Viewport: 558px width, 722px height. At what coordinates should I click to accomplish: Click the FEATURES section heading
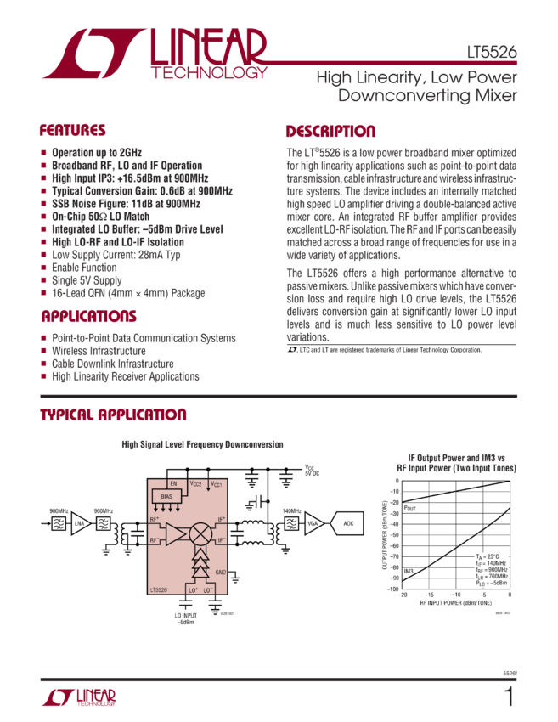[73, 132]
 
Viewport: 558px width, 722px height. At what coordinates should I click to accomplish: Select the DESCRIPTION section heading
[330, 132]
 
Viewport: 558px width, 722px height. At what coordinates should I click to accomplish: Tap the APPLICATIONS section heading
[88, 317]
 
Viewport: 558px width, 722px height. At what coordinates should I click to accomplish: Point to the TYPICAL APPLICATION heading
[113, 415]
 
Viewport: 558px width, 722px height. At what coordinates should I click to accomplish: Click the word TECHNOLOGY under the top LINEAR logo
[209, 73]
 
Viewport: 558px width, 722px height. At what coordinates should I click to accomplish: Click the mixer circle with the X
[201, 533]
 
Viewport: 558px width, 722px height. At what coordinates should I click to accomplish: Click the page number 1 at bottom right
[509, 698]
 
